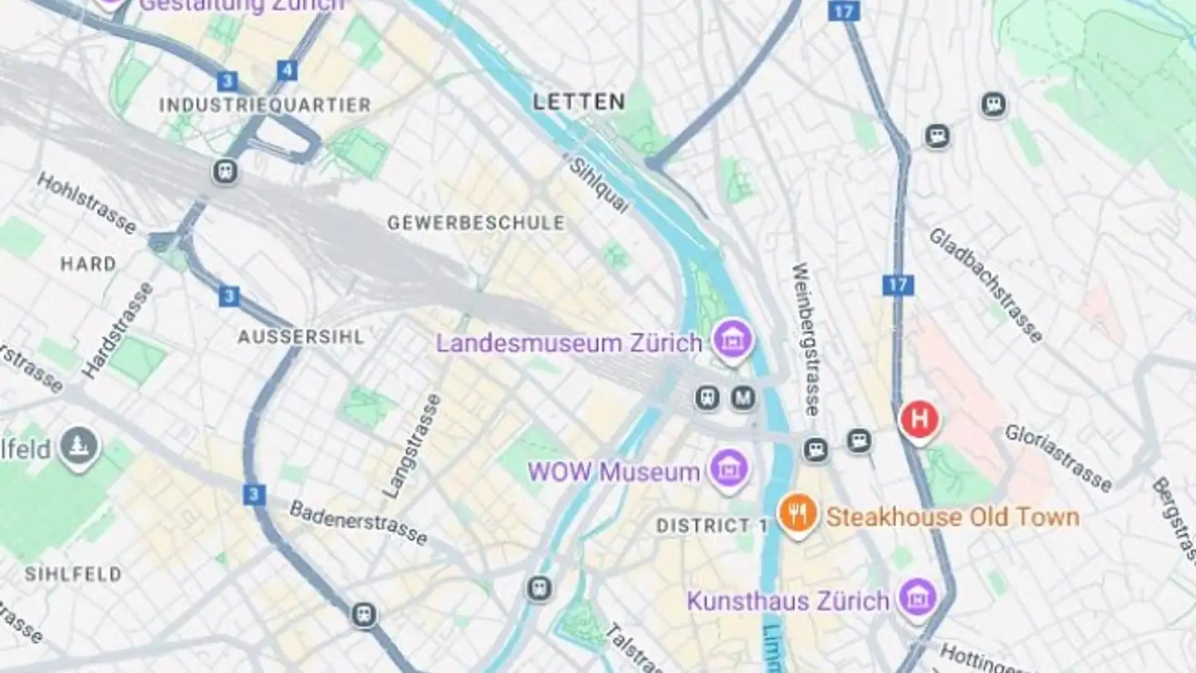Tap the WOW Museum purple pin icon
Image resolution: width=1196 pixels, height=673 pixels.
click(x=729, y=469)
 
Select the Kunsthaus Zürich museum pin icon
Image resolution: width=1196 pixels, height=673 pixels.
click(x=918, y=597)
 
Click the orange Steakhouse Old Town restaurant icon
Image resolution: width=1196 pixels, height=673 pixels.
click(x=797, y=513)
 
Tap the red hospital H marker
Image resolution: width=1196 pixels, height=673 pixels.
click(x=919, y=420)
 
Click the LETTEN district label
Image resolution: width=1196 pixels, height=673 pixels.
click(x=579, y=102)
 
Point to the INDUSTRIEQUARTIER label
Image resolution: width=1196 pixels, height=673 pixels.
click(x=265, y=106)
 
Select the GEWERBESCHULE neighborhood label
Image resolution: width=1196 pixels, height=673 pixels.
click(x=476, y=223)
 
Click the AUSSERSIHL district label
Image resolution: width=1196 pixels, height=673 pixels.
click(x=301, y=336)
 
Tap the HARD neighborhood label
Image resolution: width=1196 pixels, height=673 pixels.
click(x=88, y=264)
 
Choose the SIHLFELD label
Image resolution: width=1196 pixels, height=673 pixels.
click(x=73, y=574)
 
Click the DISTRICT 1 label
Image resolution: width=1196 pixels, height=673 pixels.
click(x=713, y=526)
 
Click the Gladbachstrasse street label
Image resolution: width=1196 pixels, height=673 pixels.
click(x=985, y=285)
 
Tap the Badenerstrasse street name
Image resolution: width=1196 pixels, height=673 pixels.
click(x=358, y=523)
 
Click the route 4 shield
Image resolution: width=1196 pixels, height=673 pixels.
click(x=287, y=70)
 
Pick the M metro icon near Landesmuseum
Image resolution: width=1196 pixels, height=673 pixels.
click(x=743, y=398)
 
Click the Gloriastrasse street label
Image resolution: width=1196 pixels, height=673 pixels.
click(x=1057, y=458)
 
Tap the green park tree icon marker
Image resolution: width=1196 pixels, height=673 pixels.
click(x=80, y=447)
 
